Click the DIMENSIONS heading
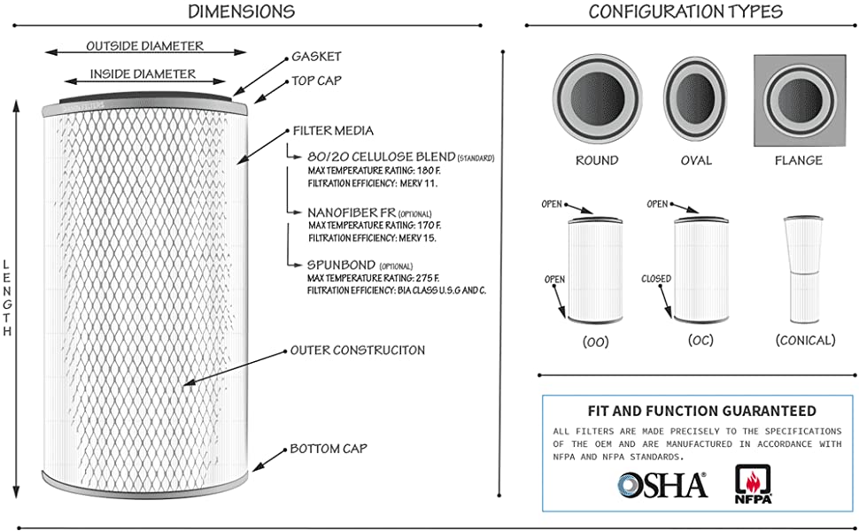[242, 12]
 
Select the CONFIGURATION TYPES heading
[685, 12]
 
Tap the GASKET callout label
[316, 57]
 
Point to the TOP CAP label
[317, 81]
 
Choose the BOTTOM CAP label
[329, 449]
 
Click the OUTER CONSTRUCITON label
[358, 350]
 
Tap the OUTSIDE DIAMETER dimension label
[144, 46]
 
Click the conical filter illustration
[805, 271]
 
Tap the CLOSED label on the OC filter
[656, 279]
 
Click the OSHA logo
[663, 484]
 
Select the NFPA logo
[754, 485]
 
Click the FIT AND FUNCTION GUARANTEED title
[701, 411]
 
